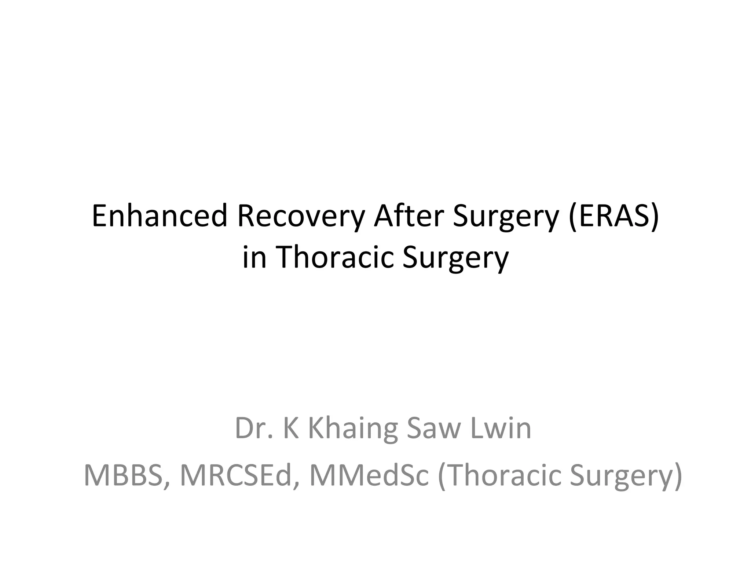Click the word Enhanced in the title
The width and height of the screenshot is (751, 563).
(x=160, y=216)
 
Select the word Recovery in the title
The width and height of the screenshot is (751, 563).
(x=301, y=216)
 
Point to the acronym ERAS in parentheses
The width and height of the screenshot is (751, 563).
(x=614, y=216)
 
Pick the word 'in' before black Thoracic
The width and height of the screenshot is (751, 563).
(x=254, y=257)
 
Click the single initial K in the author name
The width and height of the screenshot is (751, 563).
(x=291, y=428)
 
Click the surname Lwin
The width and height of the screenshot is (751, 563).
(x=501, y=428)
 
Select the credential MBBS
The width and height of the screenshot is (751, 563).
(x=123, y=475)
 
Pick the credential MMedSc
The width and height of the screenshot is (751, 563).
(x=369, y=475)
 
